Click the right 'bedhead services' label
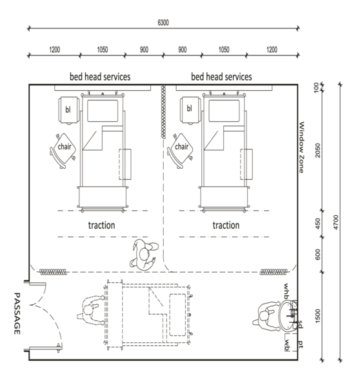point(221,77)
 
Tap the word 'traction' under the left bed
point(101,226)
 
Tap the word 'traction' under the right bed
point(226,226)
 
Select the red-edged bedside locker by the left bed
point(66,109)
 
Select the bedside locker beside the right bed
point(190,108)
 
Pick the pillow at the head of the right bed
point(224,111)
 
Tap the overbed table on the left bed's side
point(126,164)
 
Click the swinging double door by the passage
point(46,316)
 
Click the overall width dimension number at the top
point(163,23)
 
